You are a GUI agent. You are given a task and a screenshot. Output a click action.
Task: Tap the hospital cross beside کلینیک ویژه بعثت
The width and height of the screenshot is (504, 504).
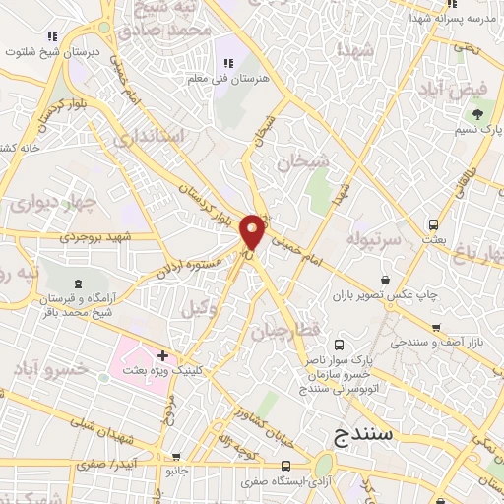pyautogui.click(x=163, y=354)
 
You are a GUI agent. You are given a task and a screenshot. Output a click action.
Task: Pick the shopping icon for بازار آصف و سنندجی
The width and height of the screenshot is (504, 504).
pyautogui.click(x=435, y=327)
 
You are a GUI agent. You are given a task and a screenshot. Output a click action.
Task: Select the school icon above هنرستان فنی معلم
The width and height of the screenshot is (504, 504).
pyautogui.click(x=228, y=63)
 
